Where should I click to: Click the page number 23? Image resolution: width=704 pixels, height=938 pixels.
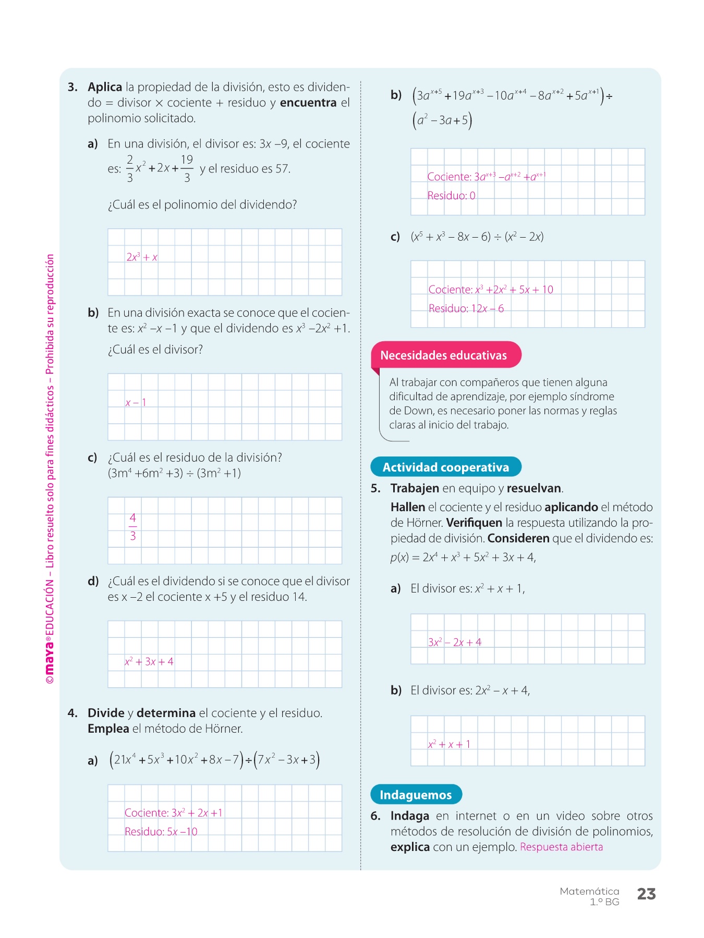[x=646, y=894]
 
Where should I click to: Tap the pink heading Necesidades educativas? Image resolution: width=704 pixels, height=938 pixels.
[x=443, y=355]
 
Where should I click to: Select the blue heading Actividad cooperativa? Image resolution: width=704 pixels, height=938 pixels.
[x=446, y=467]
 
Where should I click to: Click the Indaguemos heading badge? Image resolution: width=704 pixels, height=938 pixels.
[x=416, y=795]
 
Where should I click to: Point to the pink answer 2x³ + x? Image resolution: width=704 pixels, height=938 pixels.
[x=142, y=257]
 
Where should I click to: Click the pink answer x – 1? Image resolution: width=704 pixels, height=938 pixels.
[x=136, y=402]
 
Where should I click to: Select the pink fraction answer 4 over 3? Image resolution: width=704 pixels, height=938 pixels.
[x=132, y=527]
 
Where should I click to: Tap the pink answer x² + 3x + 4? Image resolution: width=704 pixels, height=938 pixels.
[x=149, y=661]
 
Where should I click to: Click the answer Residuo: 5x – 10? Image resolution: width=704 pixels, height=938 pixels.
[x=161, y=832]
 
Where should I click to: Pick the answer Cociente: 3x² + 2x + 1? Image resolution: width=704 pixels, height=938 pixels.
[x=174, y=812]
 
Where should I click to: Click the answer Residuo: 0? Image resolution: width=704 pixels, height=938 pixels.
[x=452, y=196]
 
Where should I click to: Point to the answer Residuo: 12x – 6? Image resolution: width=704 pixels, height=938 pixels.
[x=466, y=308]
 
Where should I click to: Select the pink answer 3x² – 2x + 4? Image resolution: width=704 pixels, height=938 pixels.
[x=455, y=642]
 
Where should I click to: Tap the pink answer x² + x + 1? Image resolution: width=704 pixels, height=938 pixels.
[x=449, y=744]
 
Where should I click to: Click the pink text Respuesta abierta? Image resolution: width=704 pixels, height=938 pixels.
[x=561, y=847]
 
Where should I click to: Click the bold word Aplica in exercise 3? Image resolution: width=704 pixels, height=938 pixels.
[x=105, y=87]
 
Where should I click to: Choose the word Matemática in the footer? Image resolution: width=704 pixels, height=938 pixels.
[x=589, y=891]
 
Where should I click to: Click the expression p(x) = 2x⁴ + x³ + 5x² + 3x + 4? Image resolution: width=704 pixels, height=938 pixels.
[x=463, y=557]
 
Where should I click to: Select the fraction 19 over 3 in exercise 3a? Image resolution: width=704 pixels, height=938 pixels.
[x=187, y=168]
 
